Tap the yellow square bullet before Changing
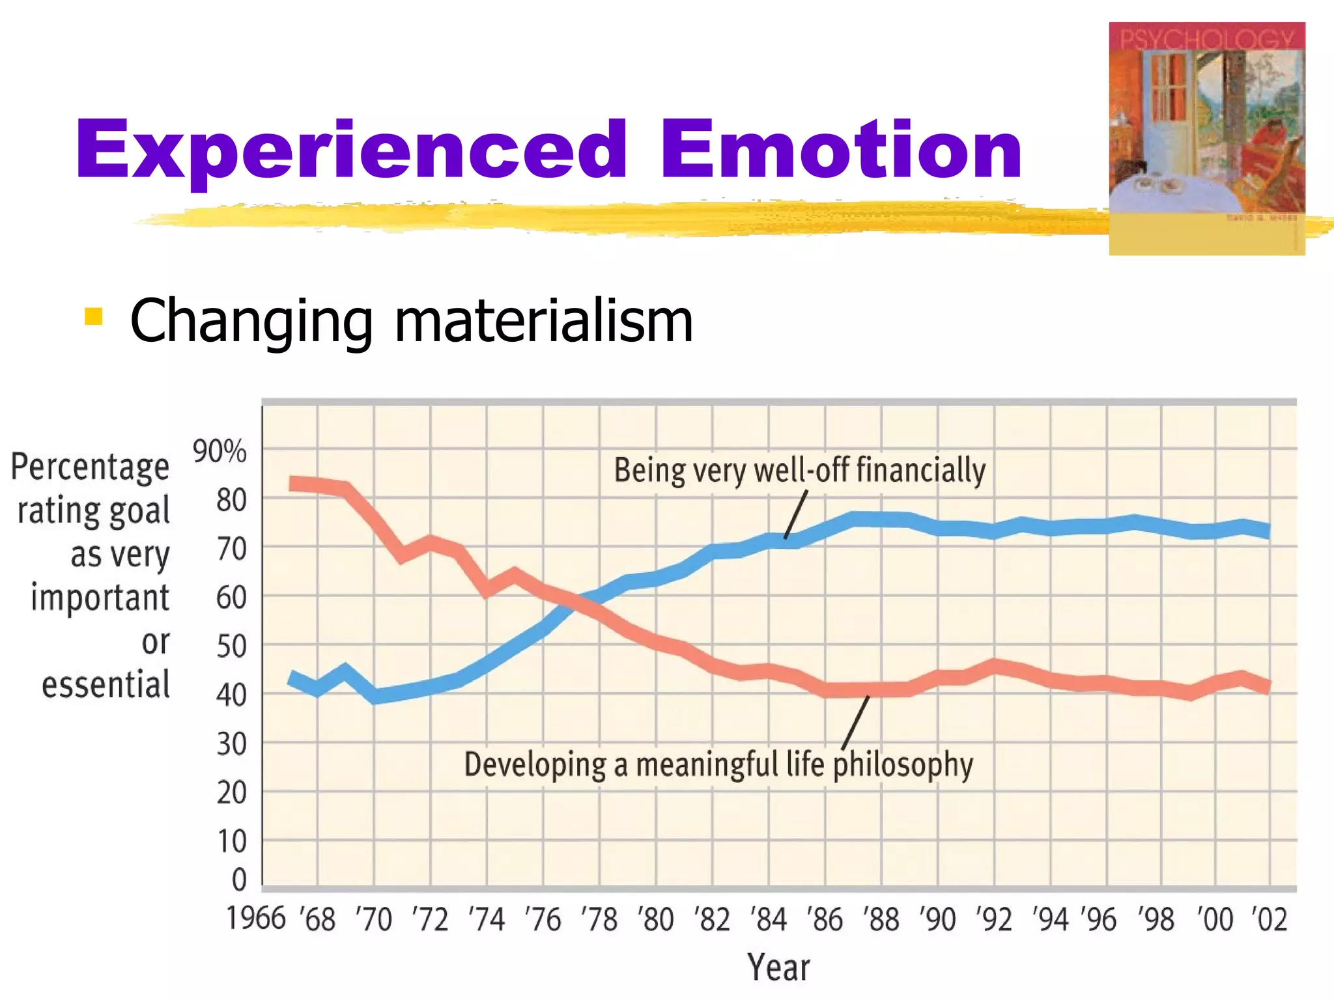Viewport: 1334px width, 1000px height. [x=94, y=316]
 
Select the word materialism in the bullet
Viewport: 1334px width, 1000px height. [x=544, y=320]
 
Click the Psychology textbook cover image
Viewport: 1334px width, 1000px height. [x=1206, y=138]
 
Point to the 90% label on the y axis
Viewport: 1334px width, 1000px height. [x=220, y=451]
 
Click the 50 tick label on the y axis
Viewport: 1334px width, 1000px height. [x=231, y=646]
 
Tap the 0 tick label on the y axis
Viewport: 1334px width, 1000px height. [x=239, y=880]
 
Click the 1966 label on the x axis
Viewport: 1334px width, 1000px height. [x=256, y=919]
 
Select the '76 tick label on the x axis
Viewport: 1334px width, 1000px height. [x=542, y=920]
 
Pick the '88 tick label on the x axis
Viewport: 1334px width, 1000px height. [x=881, y=920]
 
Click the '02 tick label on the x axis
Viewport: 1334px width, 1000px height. [x=1269, y=920]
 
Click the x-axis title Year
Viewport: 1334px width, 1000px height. [x=778, y=967]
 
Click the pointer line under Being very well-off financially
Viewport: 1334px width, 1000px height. [x=795, y=514]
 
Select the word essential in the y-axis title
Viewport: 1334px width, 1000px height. [x=106, y=686]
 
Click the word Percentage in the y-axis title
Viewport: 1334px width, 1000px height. [x=90, y=467]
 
